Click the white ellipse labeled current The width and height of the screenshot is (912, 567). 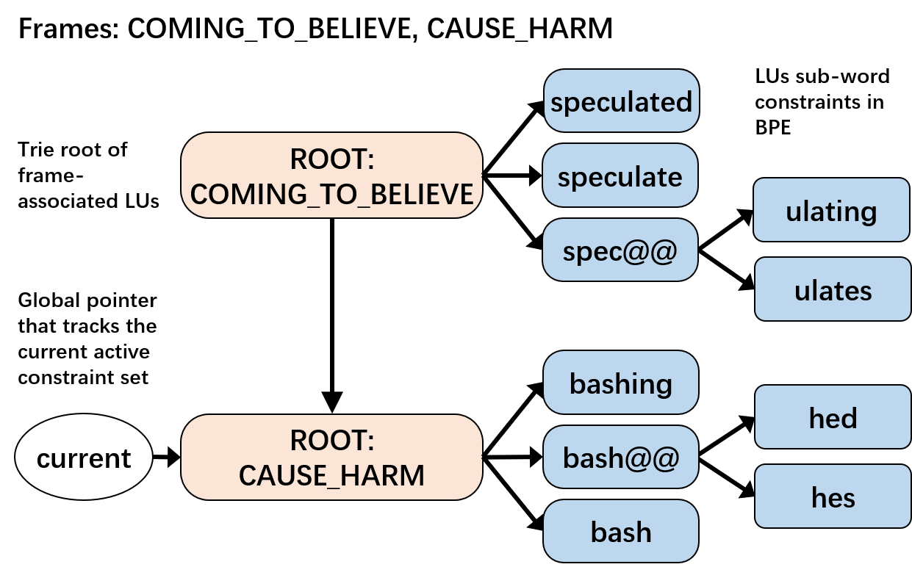click(84, 457)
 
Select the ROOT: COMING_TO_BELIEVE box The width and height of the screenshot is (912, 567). click(331, 176)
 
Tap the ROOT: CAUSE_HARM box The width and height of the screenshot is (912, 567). click(331, 457)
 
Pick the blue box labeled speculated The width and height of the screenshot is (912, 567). click(621, 101)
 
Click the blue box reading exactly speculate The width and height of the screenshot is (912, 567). click(620, 176)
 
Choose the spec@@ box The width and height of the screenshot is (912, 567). click(620, 250)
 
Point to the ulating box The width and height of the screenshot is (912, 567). click(831, 211)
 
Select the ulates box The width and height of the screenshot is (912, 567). click(833, 289)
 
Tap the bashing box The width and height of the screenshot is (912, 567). click(620, 383)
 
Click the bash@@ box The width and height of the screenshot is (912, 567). click(620, 457)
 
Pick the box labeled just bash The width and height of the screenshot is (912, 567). click(620, 531)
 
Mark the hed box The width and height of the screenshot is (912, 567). click(833, 417)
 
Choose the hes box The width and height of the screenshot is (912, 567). click(833, 496)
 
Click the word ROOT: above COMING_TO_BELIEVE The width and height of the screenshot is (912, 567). click(332, 159)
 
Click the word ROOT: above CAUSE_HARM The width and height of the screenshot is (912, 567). click(332, 440)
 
